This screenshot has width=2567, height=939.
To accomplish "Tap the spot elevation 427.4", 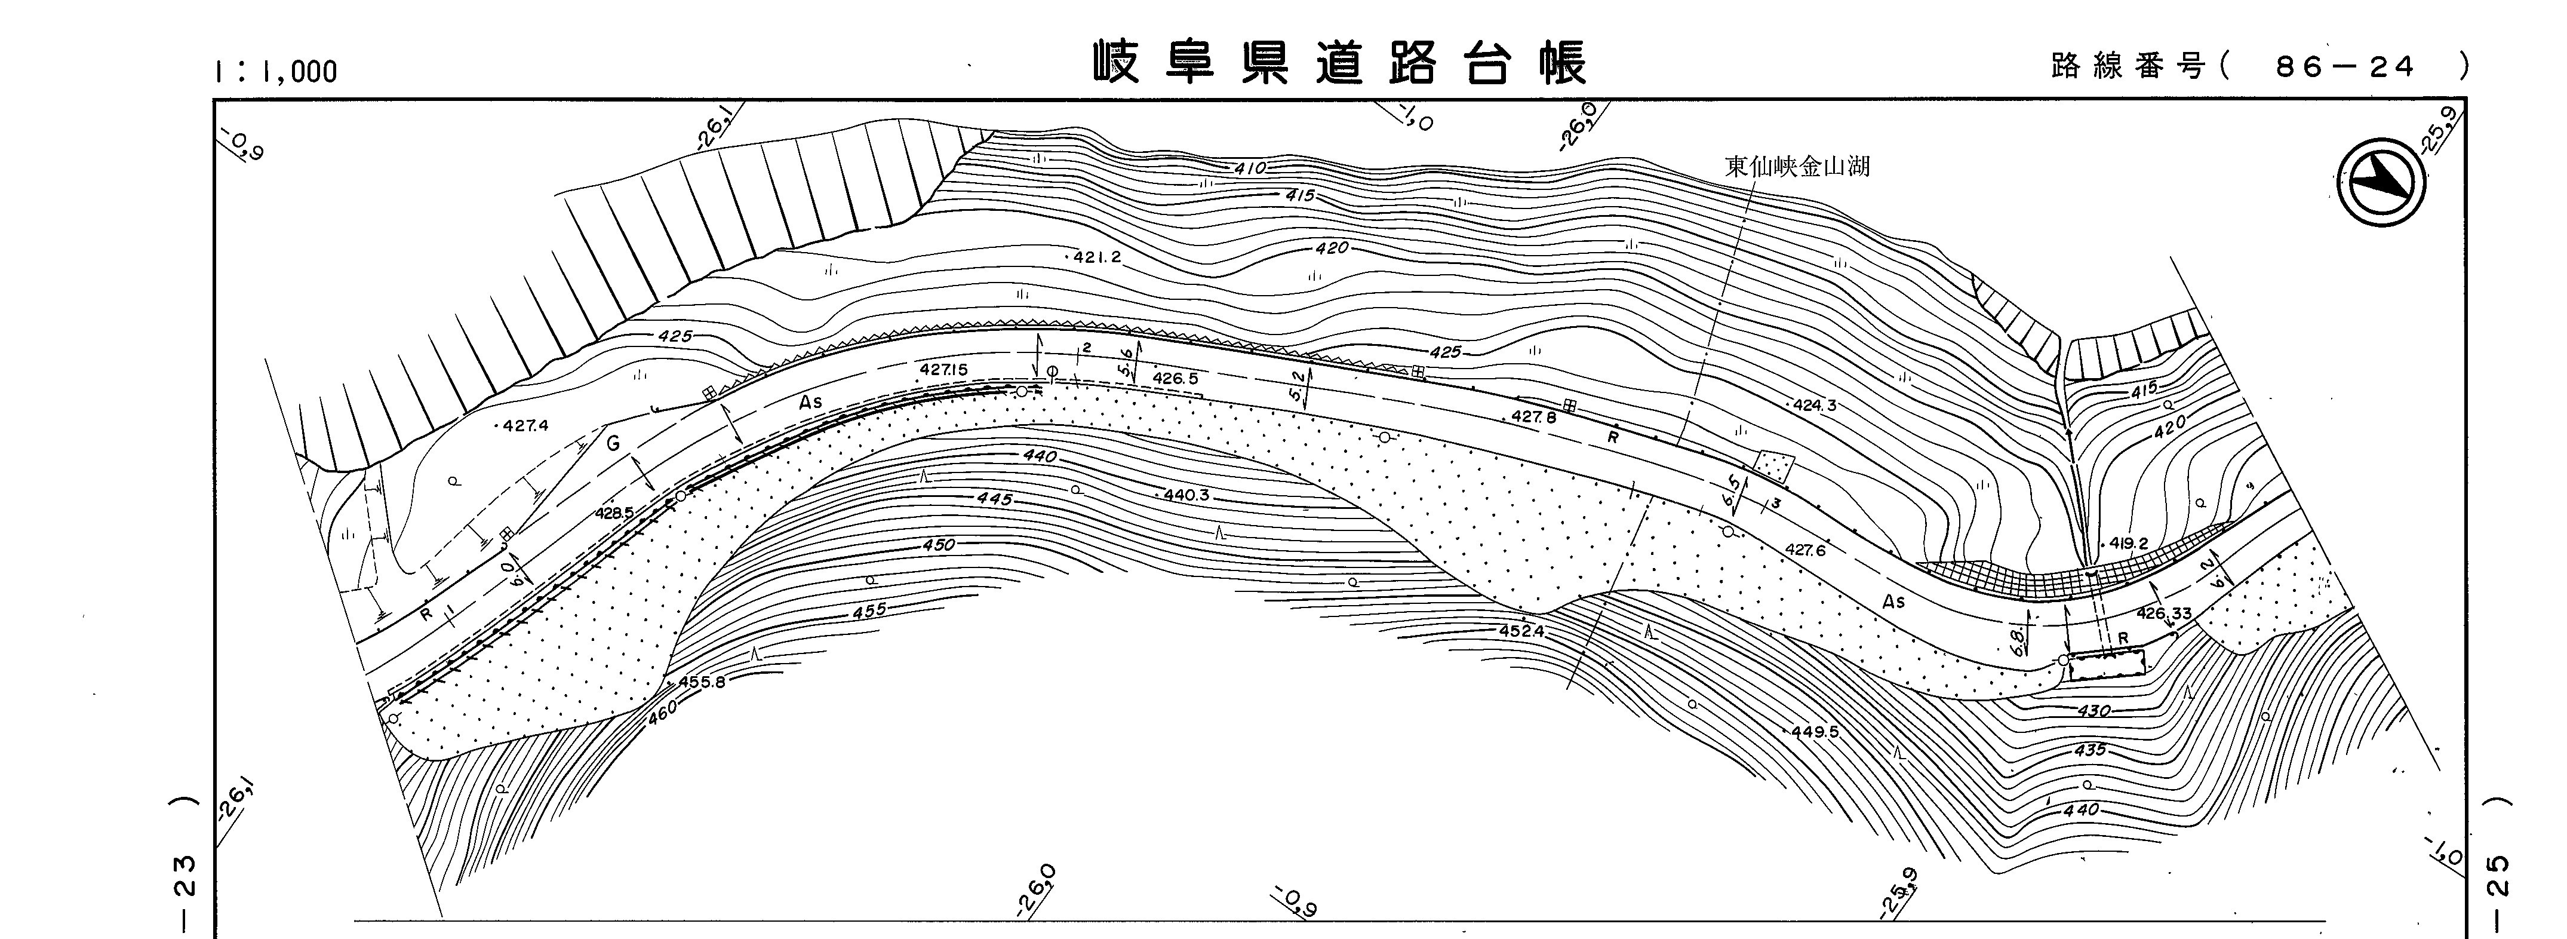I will point(525,426).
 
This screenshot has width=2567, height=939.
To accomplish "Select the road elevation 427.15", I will point(943,370).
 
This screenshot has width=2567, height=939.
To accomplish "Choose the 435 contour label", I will point(2089,750).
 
